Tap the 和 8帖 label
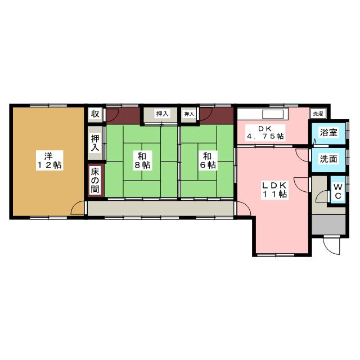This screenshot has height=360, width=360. [142, 160]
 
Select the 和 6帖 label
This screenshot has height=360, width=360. [208, 160]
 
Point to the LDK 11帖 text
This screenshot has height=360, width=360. [274, 190]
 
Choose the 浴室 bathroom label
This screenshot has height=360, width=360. [328, 133]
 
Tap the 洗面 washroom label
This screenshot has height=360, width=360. [328, 159]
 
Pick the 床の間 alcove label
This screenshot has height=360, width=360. [95, 179]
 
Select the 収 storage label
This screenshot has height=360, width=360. [95, 114]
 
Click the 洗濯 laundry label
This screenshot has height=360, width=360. [318, 114]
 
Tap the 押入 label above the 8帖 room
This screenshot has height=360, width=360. [162, 114]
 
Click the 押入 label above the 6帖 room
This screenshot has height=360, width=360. [189, 114]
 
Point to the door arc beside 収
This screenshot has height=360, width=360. [111, 116]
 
